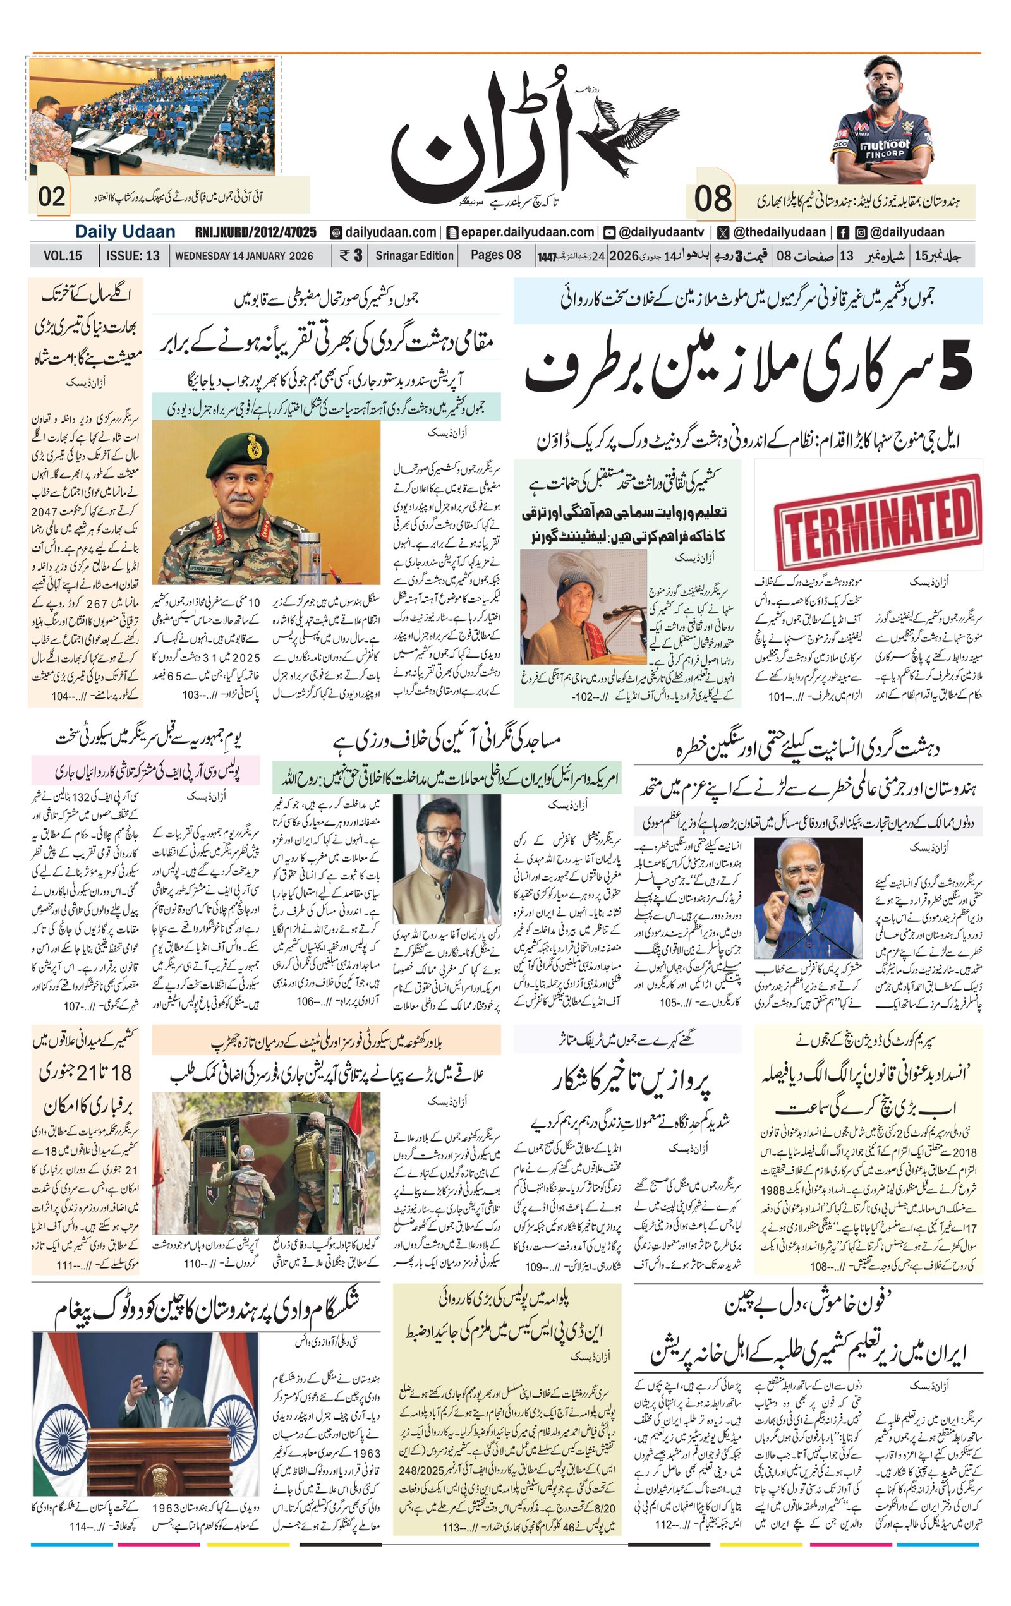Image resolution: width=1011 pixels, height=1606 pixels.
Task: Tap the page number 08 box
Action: pos(712,200)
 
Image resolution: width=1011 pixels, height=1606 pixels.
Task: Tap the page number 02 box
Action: pos(52,196)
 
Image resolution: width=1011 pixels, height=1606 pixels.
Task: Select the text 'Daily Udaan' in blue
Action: pos(124,232)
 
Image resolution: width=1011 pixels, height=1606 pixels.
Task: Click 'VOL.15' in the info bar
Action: pos(63,255)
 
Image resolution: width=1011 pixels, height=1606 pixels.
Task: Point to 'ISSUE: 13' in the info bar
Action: pos(133,255)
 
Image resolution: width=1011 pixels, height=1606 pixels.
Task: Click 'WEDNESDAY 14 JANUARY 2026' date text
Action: pos(244,255)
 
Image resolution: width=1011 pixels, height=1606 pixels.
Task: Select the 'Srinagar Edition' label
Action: pos(414,255)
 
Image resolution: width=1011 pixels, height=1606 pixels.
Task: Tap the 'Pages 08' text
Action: pos(495,255)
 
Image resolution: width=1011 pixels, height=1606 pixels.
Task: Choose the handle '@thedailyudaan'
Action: pos(778,232)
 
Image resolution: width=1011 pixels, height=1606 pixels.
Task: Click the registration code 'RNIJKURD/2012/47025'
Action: pos(255,232)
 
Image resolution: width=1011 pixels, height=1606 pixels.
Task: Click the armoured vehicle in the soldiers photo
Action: pos(280,1160)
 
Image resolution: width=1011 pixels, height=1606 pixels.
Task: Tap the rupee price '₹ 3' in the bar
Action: pos(351,255)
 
